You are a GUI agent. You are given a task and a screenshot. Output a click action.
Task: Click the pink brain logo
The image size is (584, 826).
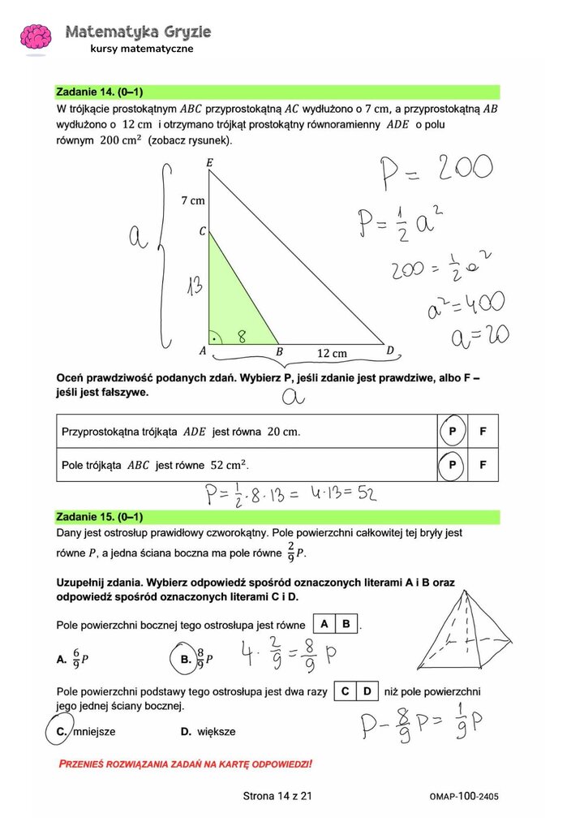coord(36,37)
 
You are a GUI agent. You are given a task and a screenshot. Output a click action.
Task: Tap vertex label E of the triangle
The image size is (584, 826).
coord(209,164)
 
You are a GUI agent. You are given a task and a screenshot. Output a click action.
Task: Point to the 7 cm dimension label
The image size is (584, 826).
coord(192,200)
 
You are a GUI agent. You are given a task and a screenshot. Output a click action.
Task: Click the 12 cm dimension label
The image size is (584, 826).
coord(331,353)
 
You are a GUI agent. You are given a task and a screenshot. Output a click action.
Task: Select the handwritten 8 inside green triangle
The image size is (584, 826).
coord(242,335)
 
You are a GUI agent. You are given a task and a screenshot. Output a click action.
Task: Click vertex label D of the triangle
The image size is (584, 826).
coord(390,351)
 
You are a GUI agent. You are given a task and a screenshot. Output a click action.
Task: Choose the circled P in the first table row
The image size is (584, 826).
coord(452,432)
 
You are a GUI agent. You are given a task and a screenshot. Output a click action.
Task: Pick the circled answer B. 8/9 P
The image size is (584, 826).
coord(191,659)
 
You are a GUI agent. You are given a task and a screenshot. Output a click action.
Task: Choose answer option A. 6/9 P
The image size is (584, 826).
coord(72,659)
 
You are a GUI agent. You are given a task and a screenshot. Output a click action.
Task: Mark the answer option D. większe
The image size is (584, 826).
coord(208,731)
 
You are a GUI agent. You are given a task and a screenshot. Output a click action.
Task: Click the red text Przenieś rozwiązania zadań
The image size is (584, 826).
coord(186,764)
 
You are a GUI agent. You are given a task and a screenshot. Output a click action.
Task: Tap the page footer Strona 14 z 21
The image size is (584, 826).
coord(277,796)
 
